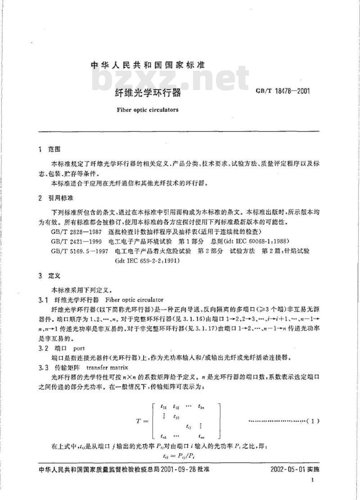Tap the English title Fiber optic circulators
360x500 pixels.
[x=147, y=109]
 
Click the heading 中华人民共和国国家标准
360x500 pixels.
[x=148, y=65]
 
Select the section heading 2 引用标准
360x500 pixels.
[x=56, y=198]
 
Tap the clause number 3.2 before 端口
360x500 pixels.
[x=45, y=349]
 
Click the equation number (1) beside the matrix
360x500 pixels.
[x=312, y=421]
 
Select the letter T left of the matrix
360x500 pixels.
[x=139, y=421]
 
